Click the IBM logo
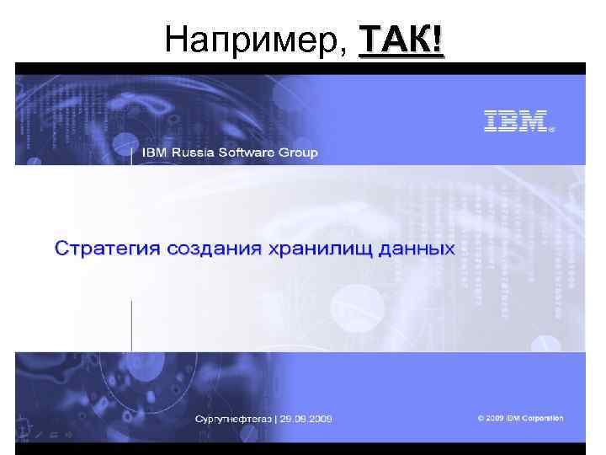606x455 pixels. tap(515, 122)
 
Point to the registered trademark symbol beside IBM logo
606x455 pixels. tap(552, 131)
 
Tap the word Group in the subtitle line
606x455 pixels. tap(300, 153)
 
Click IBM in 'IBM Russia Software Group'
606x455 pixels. tap(154, 153)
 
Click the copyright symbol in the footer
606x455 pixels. tap(481, 419)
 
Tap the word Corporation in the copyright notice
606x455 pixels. tap(542, 419)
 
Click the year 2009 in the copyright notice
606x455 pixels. tap(494, 419)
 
